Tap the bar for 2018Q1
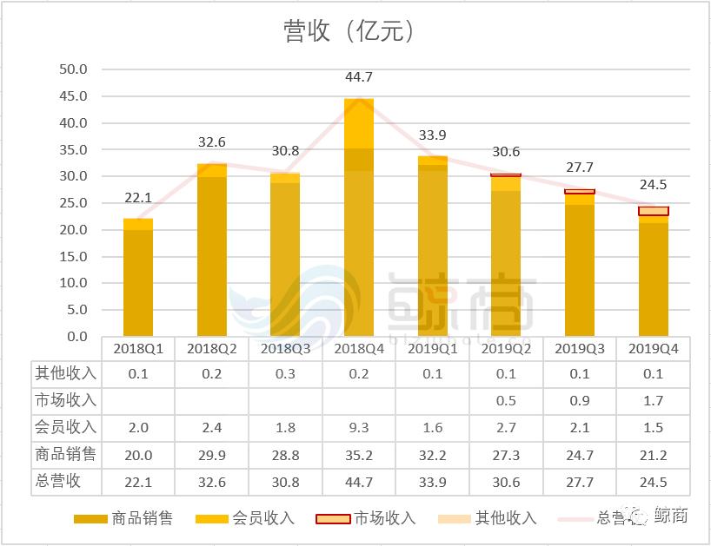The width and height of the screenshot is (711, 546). [x=138, y=278]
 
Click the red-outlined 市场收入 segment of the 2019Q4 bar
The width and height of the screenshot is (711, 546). [x=653, y=211]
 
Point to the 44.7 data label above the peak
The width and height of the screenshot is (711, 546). [x=359, y=78]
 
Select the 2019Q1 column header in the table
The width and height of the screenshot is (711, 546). [x=432, y=349]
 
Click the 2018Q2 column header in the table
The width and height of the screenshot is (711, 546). [x=211, y=349]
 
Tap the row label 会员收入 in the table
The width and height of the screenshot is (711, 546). [x=66, y=428]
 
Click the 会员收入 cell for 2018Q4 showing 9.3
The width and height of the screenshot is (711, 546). [x=359, y=428]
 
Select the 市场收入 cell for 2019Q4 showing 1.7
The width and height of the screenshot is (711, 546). [x=653, y=401]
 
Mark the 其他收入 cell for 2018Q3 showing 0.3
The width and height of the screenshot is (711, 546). [x=285, y=374]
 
